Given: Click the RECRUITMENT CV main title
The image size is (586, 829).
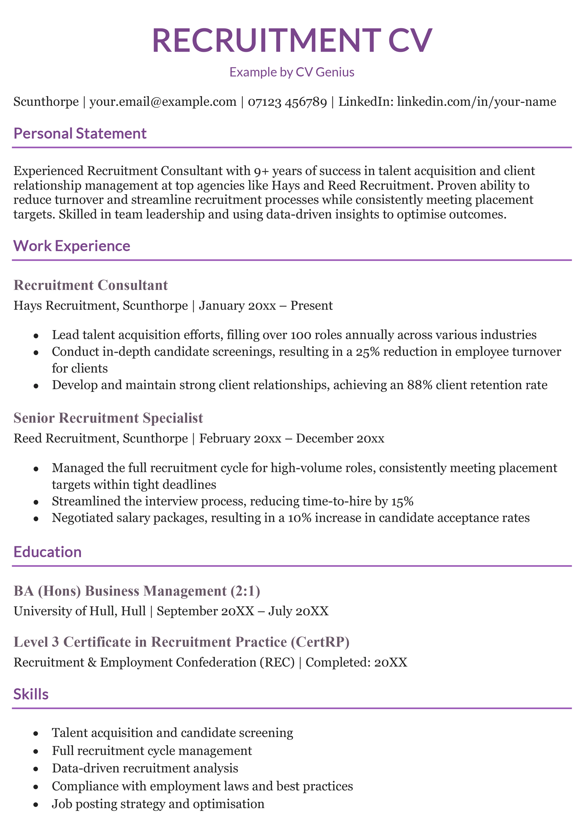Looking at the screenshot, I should tap(292, 40).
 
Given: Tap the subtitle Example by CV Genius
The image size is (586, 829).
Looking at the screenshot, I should tap(292, 72).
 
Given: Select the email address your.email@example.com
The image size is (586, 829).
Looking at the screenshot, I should tap(163, 102).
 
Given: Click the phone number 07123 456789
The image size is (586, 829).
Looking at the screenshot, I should tap(287, 102).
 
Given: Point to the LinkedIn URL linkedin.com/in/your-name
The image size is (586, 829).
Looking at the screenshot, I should tap(476, 102).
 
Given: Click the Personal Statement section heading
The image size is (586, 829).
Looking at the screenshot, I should tap(80, 134).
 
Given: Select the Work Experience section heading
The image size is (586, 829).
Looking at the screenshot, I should tap(72, 246).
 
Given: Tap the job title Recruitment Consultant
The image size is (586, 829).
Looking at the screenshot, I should tap(90, 285).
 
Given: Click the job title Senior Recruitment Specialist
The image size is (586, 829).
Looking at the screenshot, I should tap(108, 418).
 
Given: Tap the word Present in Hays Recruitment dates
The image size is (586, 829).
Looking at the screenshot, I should tap(311, 306).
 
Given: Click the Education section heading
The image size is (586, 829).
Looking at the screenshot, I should tap(48, 552).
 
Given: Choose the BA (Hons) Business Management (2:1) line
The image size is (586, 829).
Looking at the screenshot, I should tap(137, 591).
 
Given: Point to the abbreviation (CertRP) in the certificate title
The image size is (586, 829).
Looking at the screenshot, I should tap(320, 642).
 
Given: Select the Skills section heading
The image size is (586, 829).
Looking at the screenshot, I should tap(31, 694).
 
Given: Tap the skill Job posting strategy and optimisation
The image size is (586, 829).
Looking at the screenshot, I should tap(158, 804).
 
